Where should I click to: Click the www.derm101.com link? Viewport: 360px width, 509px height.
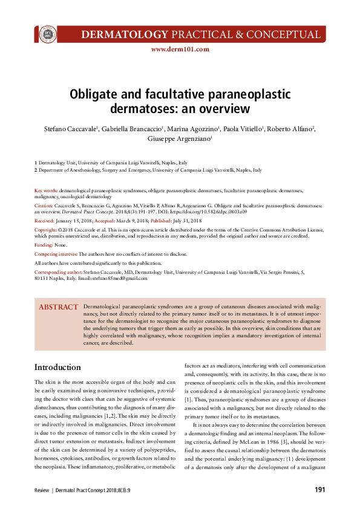coord(180,50)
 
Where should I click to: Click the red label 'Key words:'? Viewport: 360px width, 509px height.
coord(46,190)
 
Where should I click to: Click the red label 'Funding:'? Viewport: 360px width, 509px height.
coord(44,245)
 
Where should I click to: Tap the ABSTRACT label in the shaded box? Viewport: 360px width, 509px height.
coord(59,307)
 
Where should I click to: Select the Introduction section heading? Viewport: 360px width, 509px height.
coord(57,367)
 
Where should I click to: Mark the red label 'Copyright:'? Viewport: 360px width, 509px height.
coord(45,230)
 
